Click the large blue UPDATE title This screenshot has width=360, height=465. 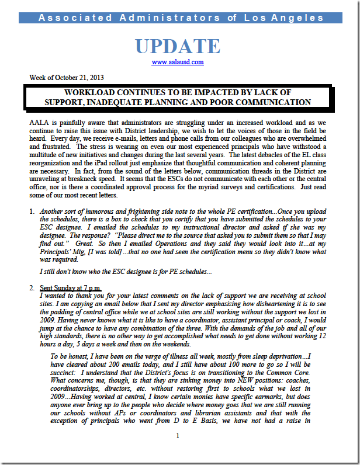178,46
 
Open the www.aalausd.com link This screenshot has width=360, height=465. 178,62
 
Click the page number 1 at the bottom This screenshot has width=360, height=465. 178,451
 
